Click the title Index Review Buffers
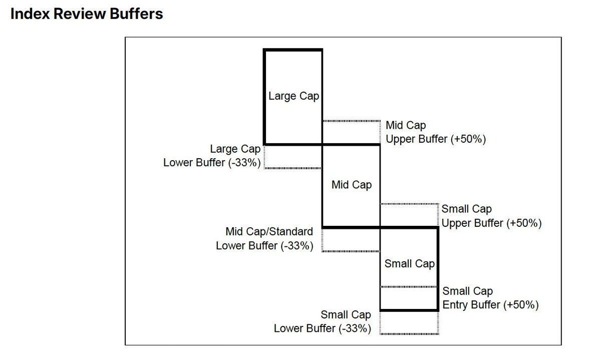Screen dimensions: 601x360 87,14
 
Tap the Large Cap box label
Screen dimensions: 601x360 293,96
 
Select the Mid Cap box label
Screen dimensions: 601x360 352,185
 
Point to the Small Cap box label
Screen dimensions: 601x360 409,264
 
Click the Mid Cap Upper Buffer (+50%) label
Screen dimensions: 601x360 435,132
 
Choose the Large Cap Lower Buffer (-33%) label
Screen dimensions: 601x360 212,156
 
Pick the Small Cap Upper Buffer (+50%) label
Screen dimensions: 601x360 491,216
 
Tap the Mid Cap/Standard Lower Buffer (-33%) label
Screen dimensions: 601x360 265,239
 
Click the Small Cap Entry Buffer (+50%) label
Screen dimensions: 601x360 490,298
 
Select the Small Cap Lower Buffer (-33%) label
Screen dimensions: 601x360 323,321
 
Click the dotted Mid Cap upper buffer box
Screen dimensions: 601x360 352,133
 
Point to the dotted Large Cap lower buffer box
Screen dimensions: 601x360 293,157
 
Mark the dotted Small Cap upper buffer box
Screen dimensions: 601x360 410,216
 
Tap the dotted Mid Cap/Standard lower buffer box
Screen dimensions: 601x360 351,239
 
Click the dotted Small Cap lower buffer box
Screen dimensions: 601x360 409,322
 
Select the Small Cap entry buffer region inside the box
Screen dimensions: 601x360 409,299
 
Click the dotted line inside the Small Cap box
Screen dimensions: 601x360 409,287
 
